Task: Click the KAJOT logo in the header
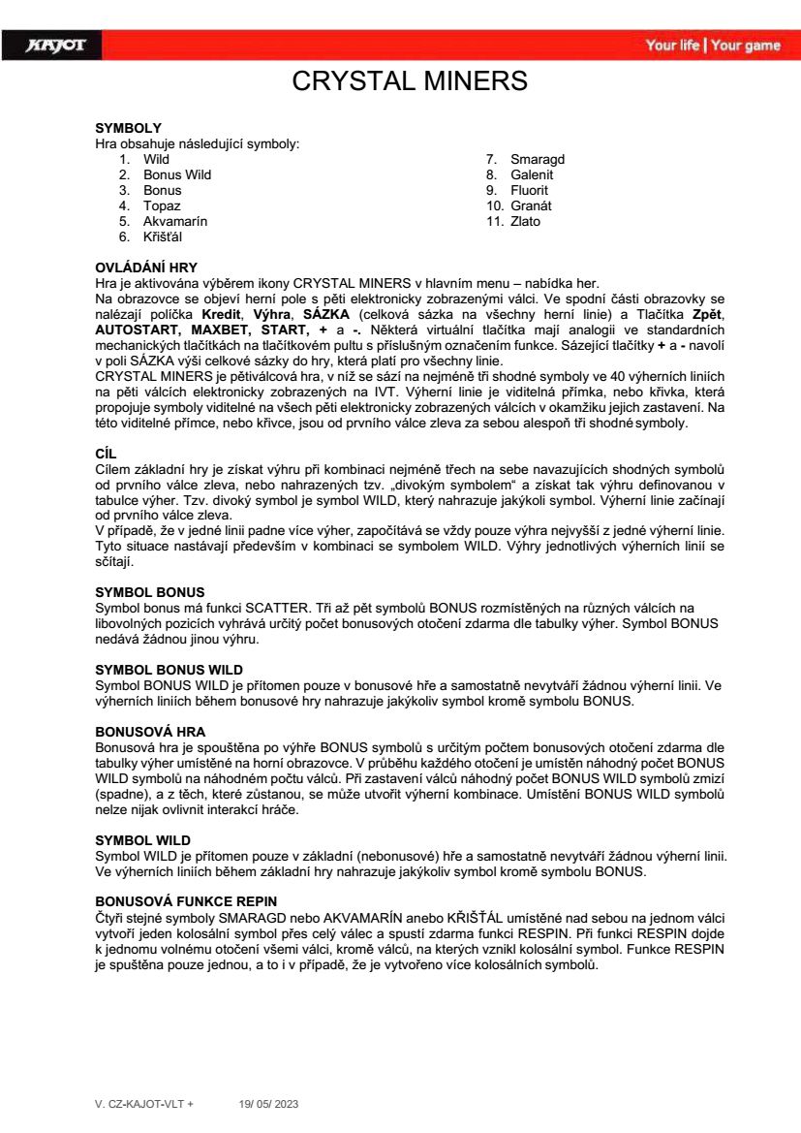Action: click(56, 46)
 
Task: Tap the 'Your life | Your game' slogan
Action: click(712, 46)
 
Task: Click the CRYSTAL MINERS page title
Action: click(409, 81)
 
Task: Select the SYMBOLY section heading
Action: click(128, 128)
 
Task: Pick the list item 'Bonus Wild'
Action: click(177, 174)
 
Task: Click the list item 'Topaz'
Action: click(162, 205)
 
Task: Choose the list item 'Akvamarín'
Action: click(175, 221)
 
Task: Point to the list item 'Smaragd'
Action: click(538, 159)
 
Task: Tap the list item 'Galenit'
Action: click(533, 174)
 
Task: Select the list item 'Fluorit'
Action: click(530, 190)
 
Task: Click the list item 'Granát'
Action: click(531, 205)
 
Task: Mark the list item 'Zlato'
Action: click(526, 221)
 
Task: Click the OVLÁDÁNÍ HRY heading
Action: click(145, 267)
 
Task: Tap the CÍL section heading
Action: click(107, 437)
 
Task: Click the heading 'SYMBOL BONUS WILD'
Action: click(169, 670)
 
